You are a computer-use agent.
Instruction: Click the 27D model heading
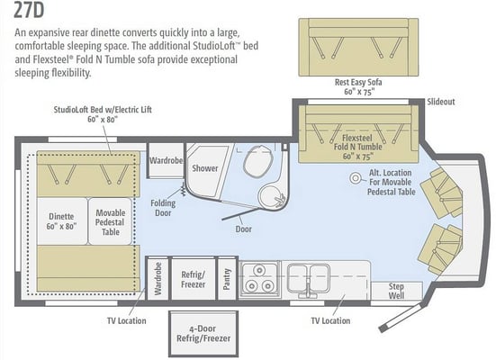29,10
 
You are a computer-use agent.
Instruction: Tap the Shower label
205,168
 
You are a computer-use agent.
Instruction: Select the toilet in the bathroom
258,160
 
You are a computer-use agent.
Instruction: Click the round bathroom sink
272,196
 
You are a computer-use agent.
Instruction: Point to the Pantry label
227,279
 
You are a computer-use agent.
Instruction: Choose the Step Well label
396,291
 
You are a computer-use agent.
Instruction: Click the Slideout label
441,102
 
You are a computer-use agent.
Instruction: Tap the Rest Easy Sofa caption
358,86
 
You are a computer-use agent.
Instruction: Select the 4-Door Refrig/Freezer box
203,334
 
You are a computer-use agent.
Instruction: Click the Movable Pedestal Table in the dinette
110,221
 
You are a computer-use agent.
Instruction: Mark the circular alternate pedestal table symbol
356,178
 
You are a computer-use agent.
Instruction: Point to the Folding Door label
163,208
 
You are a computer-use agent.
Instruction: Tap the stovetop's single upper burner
259,270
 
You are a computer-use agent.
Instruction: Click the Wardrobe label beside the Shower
167,160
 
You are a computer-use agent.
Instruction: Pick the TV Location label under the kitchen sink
330,320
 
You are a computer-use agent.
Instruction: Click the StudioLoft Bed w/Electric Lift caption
103,114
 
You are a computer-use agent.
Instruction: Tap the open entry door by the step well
401,318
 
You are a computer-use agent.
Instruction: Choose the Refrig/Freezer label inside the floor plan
193,279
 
